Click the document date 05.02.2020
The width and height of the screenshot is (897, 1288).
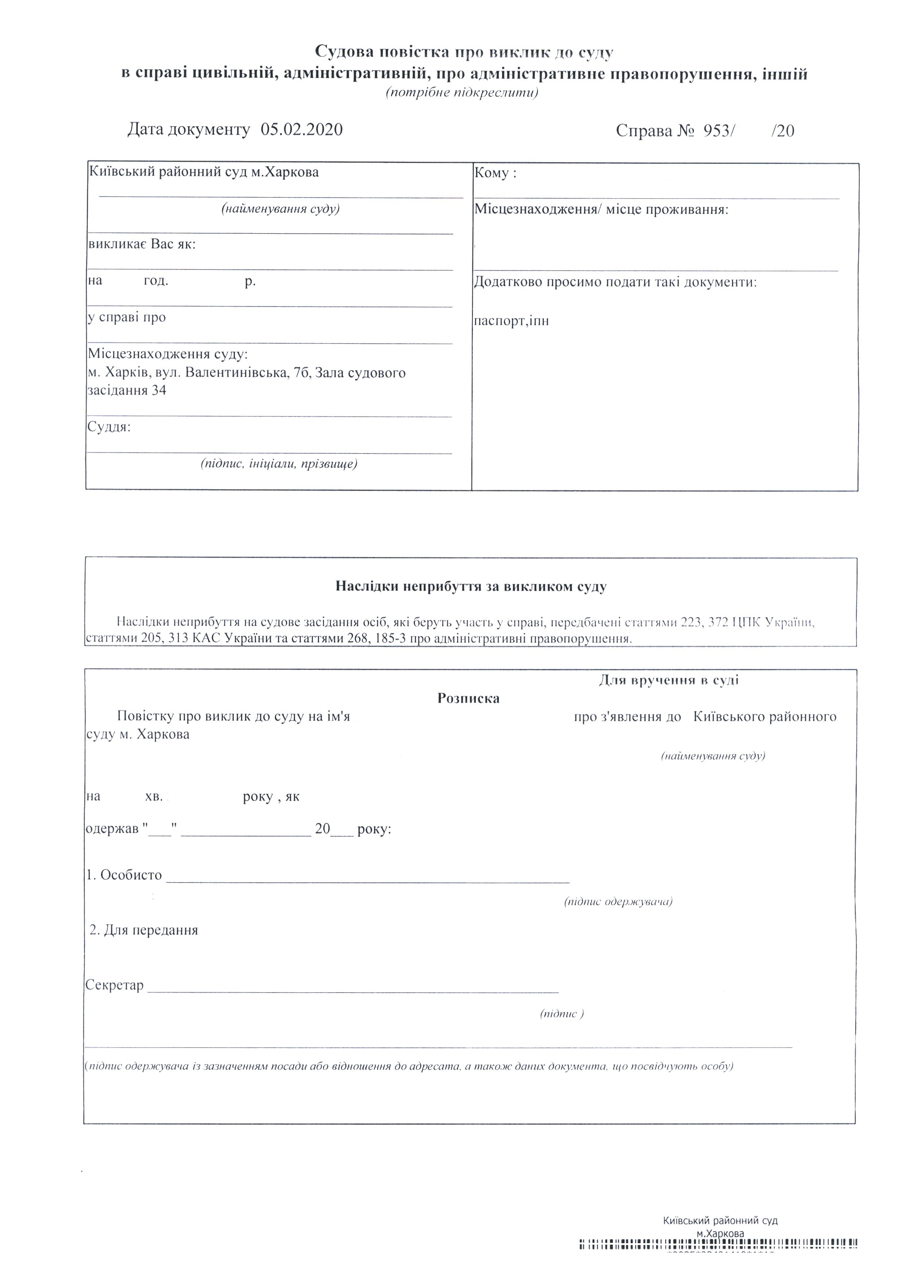tap(301, 130)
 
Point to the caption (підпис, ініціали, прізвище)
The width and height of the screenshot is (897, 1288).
tap(279, 464)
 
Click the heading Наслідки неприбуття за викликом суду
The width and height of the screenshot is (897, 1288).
tap(471, 587)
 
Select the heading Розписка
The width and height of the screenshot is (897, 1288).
tap(468, 698)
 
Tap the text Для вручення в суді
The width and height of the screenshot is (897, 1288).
tap(668, 680)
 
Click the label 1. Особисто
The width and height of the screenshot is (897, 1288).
tap(124, 875)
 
